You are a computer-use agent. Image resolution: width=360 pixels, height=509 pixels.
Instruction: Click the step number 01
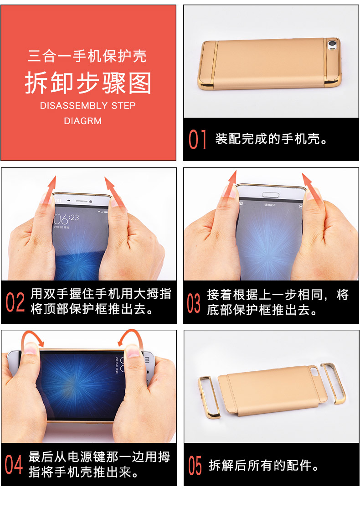[197, 139]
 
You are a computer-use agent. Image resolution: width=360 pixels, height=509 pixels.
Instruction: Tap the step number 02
[15, 302]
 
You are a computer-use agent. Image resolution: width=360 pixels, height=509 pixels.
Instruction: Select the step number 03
[194, 303]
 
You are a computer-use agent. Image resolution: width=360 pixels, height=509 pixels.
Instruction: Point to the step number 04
[14, 464]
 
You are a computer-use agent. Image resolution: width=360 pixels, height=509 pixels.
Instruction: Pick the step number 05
[195, 466]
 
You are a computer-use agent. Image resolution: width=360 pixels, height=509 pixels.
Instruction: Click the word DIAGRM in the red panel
[82, 121]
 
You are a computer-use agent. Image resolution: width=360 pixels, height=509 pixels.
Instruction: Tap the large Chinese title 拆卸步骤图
[88, 83]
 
